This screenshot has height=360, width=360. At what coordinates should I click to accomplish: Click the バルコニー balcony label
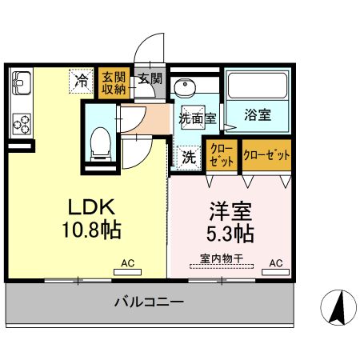coord(148,302)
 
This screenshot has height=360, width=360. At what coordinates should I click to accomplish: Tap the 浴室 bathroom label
coord(258,115)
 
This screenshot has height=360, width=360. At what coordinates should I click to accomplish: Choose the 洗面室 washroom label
coord(197,118)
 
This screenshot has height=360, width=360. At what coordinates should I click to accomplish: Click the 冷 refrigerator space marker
coord(81,80)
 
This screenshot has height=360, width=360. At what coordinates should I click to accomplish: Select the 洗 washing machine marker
coord(189,156)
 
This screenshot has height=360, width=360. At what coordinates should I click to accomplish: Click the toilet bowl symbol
coord(101,142)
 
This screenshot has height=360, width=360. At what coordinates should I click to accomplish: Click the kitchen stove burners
coord(21,124)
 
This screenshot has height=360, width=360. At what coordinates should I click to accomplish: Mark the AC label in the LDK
coord(127,262)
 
